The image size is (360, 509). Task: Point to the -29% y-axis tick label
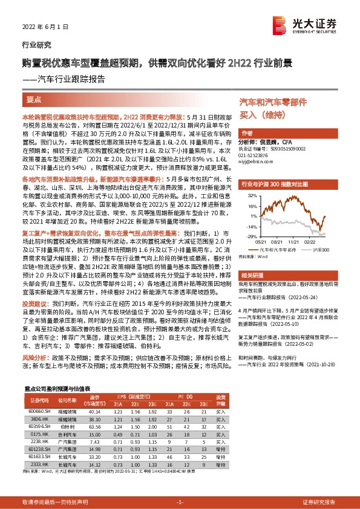(252, 237)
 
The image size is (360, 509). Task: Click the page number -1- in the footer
(179, 502)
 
